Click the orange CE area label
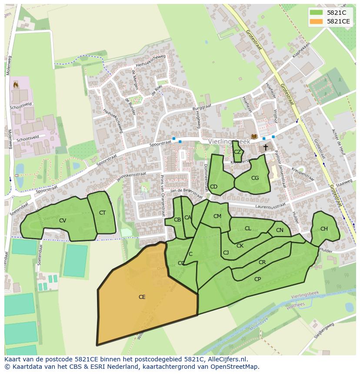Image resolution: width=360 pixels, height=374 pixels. point(142,297)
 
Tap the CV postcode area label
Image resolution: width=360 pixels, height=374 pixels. point(63,221)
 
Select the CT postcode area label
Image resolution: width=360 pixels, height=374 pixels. point(102,213)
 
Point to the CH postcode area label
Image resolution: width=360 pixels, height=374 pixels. point(324,229)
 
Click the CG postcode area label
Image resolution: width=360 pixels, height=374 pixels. point(255,178)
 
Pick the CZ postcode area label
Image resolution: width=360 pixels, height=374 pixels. point(237,152)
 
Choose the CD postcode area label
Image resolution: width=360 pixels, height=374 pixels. point(213,187)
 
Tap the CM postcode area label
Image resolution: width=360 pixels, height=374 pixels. point(217,216)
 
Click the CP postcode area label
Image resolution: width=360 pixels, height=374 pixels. point(257,279)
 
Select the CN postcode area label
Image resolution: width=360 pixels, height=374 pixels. point(280,230)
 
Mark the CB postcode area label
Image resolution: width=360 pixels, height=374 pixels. point(177,220)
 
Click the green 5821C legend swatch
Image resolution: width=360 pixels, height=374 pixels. point(316,13)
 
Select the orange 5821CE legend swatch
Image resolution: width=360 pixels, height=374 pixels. point(316,21)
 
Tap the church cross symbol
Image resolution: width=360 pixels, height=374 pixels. point(265,148)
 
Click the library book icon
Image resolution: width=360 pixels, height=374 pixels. point(254,136)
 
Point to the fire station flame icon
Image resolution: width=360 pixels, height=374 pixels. point(16,84)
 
